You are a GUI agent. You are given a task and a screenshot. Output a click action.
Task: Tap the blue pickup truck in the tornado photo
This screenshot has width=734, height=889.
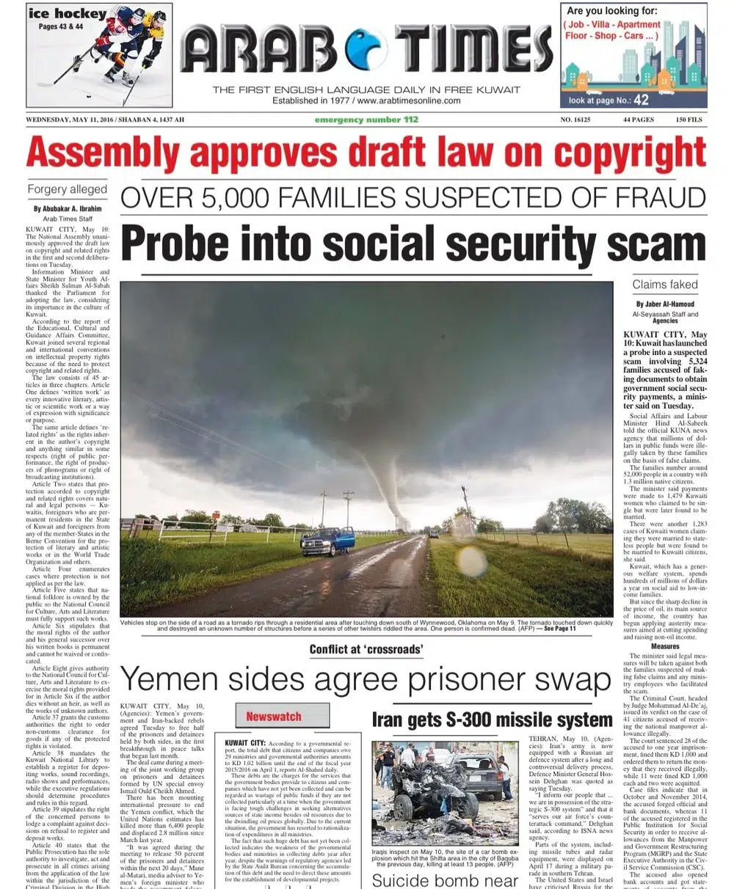tap(327, 541)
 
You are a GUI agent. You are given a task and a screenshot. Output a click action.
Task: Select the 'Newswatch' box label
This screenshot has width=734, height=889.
tap(274, 716)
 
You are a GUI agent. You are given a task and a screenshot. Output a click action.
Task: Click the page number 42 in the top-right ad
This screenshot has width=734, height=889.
tap(641, 100)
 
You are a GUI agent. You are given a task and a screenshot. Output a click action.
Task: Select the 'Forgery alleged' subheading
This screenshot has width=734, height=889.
tap(67, 189)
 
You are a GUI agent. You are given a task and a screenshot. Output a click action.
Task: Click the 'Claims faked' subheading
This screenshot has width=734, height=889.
tap(665, 284)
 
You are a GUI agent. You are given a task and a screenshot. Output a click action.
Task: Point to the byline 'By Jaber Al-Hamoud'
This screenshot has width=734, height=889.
tap(665, 303)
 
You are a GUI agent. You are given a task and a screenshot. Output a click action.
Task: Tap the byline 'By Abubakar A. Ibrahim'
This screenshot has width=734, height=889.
tap(67, 209)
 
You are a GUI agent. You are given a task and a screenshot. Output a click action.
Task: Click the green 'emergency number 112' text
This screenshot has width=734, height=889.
tap(366, 120)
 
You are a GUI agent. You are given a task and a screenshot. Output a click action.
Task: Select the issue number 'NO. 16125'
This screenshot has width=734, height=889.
tap(578, 120)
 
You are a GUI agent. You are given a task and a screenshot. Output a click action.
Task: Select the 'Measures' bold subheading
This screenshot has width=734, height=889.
tap(665, 646)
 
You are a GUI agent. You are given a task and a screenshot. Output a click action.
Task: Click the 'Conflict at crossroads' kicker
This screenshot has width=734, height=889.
tap(366, 649)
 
